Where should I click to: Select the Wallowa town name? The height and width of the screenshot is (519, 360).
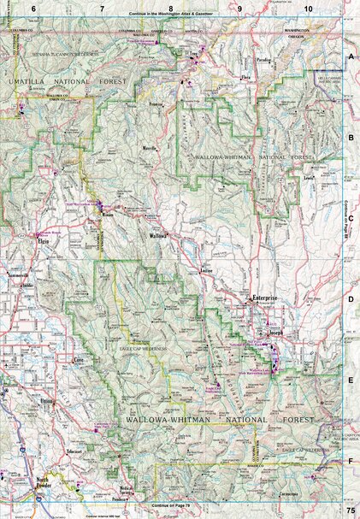(157, 235)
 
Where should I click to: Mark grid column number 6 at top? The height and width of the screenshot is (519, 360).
(33, 8)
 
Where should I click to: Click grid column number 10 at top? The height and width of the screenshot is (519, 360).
(307, 8)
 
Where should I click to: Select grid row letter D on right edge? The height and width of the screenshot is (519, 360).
(351, 300)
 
